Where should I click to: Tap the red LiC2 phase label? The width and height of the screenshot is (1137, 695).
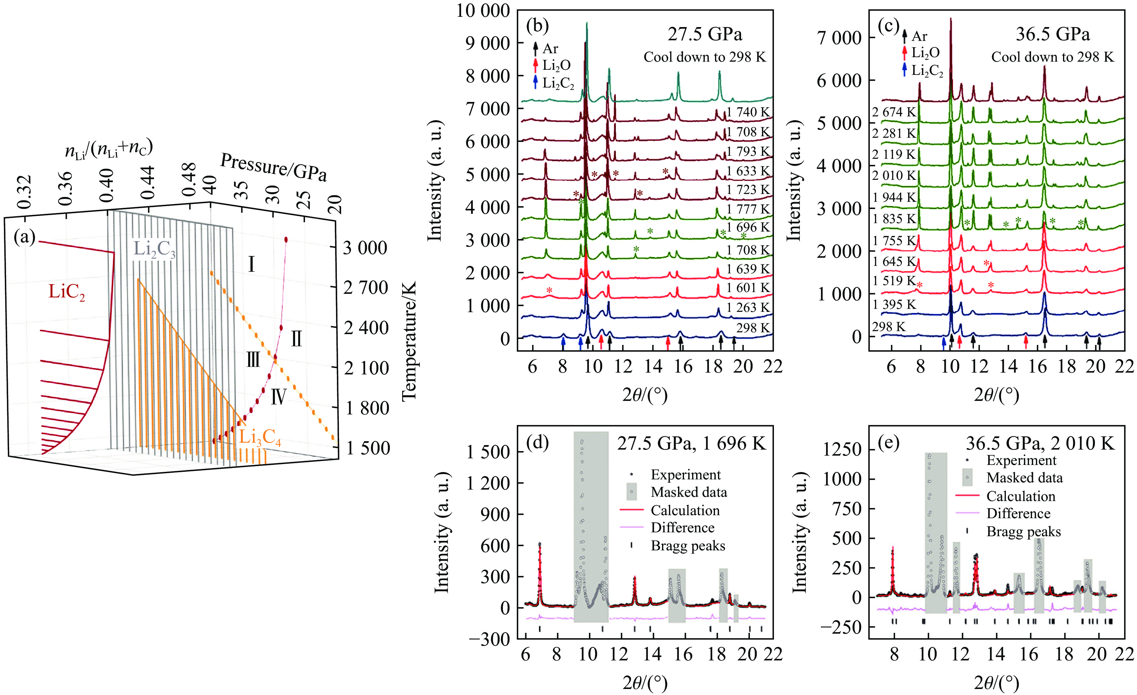click(67, 292)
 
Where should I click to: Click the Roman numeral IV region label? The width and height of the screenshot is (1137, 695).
click(278, 397)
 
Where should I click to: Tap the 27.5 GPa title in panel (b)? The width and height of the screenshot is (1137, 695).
click(705, 35)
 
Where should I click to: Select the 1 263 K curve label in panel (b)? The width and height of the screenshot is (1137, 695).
click(747, 307)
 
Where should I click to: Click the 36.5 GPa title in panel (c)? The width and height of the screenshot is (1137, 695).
click(1052, 34)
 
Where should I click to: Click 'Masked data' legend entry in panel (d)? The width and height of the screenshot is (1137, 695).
click(689, 492)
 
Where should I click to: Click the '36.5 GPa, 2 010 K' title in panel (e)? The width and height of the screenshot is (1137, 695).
click(1040, 443)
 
